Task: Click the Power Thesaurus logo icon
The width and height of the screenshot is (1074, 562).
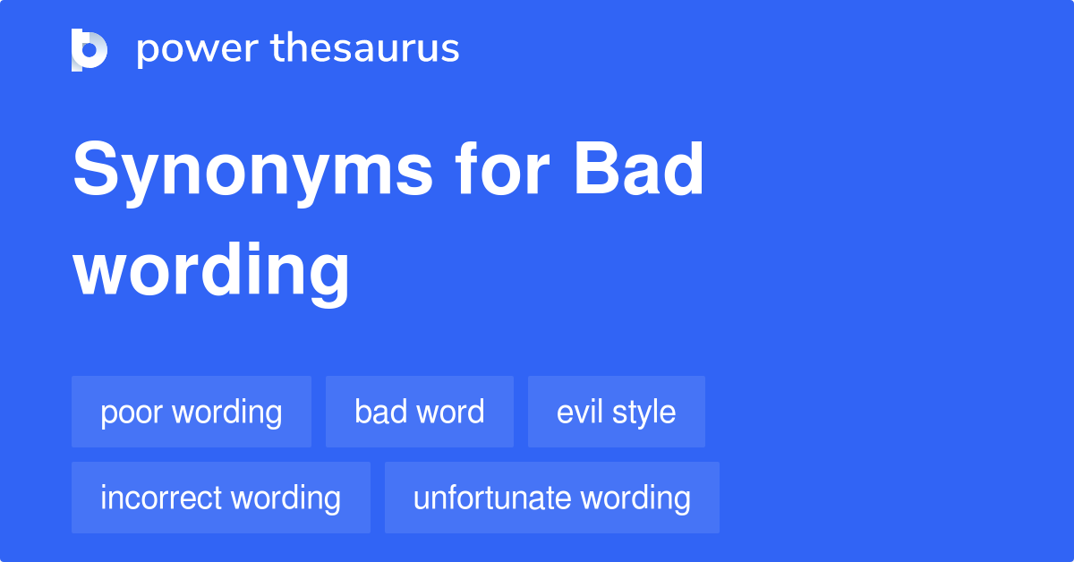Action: [x=89, y=49]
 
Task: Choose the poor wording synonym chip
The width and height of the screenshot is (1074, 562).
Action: [x=192, y=412]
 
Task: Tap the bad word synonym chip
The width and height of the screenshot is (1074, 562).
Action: [x=420, y=412]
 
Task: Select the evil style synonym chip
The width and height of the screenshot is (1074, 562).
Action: [x=617, y=412]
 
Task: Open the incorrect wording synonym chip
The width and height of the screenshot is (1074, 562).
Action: [x=221, y=498]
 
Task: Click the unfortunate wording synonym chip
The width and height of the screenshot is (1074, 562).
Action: [x=552, y=498]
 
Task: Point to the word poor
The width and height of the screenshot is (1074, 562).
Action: [x=132, y=413]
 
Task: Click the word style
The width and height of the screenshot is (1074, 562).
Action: [x=645, y=413]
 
